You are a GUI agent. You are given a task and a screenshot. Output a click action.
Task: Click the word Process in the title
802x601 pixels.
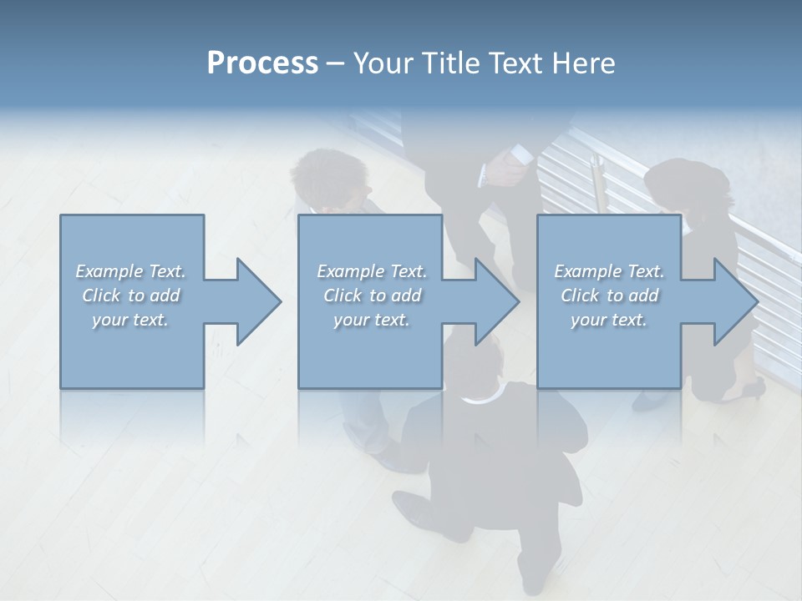262,63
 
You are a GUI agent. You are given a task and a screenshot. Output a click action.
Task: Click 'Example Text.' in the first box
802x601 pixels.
130,271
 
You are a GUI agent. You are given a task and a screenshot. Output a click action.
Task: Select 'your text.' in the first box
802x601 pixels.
130,320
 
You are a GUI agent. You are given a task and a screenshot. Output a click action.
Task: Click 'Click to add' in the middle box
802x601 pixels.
372,295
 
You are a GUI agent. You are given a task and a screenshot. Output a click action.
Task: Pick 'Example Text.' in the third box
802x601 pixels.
609,271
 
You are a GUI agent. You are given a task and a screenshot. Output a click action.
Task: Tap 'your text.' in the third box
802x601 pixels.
609,320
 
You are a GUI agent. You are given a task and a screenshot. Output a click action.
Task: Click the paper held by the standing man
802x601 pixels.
519,155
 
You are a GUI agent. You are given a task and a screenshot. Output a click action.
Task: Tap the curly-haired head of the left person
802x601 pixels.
330,175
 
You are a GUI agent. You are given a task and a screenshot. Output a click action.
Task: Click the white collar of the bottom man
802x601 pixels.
479,399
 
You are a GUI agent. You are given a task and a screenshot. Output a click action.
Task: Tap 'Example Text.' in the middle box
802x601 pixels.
372,271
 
